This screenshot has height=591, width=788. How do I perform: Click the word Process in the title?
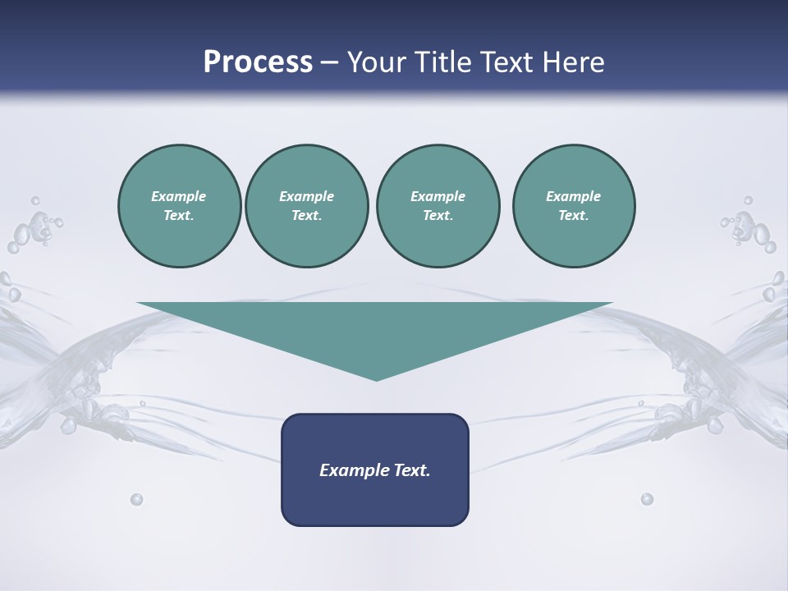pyautogui.click(x=258, y=62)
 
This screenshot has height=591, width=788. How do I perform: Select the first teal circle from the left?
pyautogui.click(x=179, y=206)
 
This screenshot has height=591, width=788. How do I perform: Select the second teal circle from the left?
pyautogui.click(x=306, y=206)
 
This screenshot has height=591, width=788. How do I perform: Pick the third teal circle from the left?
pyautogui.click(x=438, y=206)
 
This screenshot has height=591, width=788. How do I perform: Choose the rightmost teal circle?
pyautogui.click(x=573, y=206)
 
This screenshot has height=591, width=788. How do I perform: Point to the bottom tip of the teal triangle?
pyautogui.click(x=376, y=378)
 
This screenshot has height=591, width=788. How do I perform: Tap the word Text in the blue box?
pyautogui.click(x=410, y=470)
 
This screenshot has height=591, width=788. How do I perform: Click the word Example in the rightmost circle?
pyautogui.click(x=573, y=196)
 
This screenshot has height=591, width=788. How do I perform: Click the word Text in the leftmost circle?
pyautogui.click(x=178, y=216)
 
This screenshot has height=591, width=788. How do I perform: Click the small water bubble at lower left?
pyautogui.click(x=136, y=499)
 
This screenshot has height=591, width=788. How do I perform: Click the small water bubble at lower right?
pyautogui.click(x=647, y=499)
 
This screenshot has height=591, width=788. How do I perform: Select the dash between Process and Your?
pyautogui.click(x=329, y=62)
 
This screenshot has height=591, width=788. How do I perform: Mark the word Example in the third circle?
pyautogui.click(x=438, y=196)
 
